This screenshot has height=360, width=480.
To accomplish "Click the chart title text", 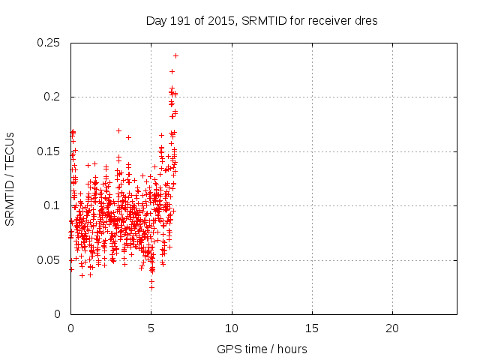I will [261, 20].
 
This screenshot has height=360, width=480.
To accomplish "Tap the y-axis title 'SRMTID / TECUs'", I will [10, 178].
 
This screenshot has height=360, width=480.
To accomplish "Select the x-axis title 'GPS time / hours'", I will [261, 349].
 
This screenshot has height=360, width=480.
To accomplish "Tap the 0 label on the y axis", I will [58, 314].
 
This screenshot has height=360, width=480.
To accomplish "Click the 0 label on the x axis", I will [70, 329].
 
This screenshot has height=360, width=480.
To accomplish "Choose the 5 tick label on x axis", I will [151, 329].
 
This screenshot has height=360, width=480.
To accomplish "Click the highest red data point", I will [175, 55].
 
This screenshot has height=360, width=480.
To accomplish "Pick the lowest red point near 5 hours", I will [151, 288].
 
